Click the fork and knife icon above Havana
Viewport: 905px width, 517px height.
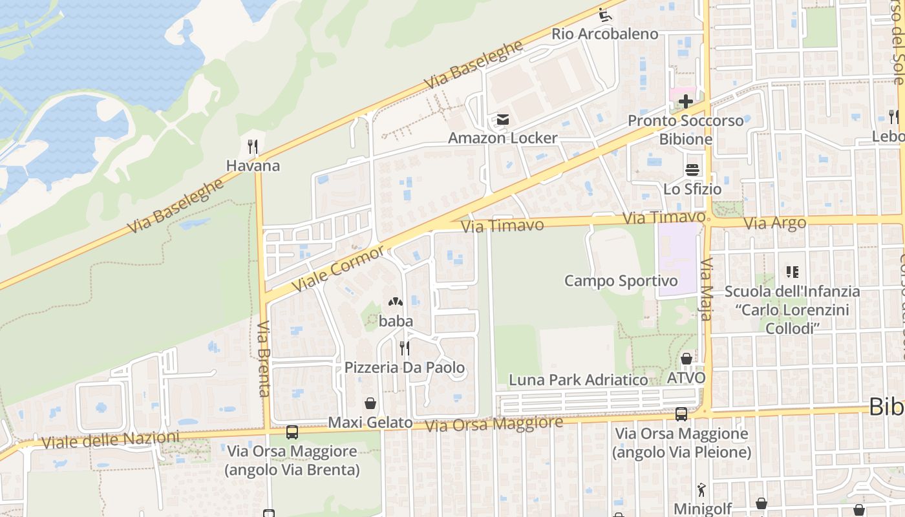point(253,147)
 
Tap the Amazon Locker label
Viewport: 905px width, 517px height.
point(502,138)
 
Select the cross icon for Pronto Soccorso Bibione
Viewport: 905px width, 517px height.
point(685,101)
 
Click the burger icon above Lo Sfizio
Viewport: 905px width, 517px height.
point(692,170)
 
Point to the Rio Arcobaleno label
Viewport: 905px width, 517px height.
point(604,34)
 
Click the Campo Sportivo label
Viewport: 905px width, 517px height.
point(621,280)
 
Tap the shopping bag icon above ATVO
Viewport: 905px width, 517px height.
point(686,358)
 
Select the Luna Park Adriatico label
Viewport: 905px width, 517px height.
point(578,380)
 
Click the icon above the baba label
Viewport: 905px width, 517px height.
point(395,302)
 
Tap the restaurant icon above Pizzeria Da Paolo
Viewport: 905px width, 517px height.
point(404,348)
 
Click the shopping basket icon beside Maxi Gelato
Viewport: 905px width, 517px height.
point(370,403)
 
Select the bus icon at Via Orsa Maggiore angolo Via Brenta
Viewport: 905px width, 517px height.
point(292,432)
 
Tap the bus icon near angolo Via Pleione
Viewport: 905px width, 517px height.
point(681,414)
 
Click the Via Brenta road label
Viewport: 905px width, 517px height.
point(264,359)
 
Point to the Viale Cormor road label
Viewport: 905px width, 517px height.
point(337,268)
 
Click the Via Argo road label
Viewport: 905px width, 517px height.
point(774,224)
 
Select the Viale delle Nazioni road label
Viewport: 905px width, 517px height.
point(111,441)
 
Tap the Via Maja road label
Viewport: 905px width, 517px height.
point(706,290)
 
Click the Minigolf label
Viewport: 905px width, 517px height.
point(703,508)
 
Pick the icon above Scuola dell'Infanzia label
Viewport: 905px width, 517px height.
point(792,272)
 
